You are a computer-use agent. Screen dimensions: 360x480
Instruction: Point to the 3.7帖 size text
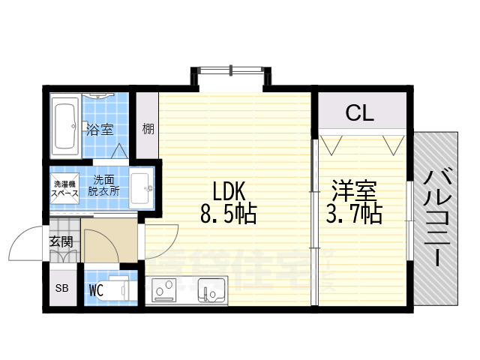click(x=354, y=214)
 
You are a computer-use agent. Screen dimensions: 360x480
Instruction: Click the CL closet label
click(x=359, y=113)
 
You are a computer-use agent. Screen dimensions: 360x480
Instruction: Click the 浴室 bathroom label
click(x=100, y=129)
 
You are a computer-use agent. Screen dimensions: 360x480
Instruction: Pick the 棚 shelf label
click(x=148, y=129)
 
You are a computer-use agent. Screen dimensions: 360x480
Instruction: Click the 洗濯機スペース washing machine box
click(x=64, y=188)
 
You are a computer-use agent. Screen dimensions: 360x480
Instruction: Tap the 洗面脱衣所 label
click(x=104, y=185)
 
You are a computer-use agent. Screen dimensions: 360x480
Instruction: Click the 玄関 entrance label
click(x=61, y=241)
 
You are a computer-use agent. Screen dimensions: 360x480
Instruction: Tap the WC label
click(x=95, y=289)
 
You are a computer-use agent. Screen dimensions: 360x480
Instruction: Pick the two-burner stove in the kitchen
click(x=165, y=288)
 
